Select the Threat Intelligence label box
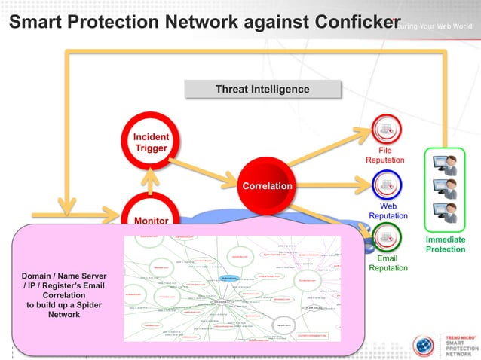pos(262,90)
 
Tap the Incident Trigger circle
pos(151,142)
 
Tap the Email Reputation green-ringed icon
pos(387,237)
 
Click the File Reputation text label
pos(385,155)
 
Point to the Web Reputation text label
pos(388,211)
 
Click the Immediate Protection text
pos(445,244)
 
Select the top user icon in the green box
pos(446,164)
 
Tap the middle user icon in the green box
pos(446,188)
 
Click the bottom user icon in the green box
pos(446,212)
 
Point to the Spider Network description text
pos(63,294)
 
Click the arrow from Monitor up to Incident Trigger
pos(152,181)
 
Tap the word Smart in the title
pos(37,22)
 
